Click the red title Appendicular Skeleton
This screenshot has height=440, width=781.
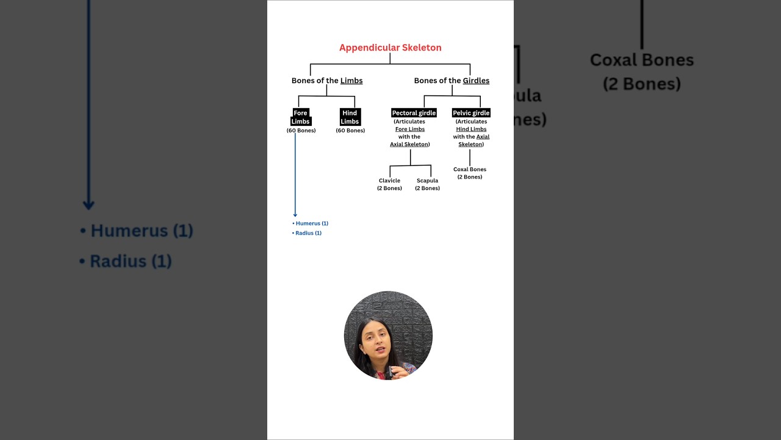click(390, 48)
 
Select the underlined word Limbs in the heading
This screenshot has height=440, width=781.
click(351, 81)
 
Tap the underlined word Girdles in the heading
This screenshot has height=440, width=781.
click(476, 81)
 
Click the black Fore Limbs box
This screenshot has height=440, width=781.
click(300, 117)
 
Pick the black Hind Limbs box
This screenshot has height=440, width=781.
click(350, 117)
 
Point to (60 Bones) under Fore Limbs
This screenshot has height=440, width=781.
click(301, 131)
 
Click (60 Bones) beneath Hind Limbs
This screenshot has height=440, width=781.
click(350, 131)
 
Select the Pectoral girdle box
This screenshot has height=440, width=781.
click(414, 113)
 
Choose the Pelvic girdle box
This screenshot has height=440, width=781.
click(471, 113)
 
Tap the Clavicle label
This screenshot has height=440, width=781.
click(389, 181)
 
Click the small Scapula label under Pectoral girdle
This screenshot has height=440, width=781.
click(427, 181)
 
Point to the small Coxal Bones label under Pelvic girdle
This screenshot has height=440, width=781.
click(470, 169)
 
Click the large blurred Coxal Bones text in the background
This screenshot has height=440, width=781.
click(642, 61)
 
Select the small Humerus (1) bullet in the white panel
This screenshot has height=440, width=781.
click(311, 224)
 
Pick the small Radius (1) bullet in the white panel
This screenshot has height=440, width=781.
click(308, 233)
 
